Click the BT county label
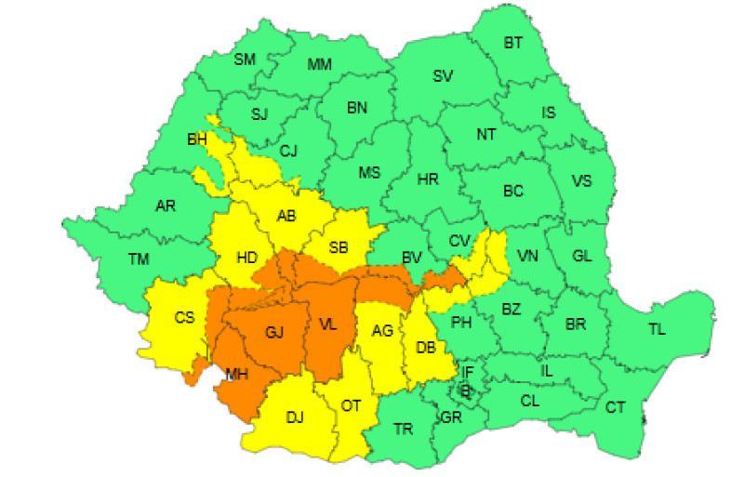pos(513,43)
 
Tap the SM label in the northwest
pos(245,60)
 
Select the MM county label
pos(320,65)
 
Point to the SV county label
pos(444,76)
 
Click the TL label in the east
pos(657,329)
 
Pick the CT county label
pos(615,407)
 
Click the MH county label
pos(237,375)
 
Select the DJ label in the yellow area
pos(295,417)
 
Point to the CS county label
pos(184,318)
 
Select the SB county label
pos(339,247)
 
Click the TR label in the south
pos(404,430)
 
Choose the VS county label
pos(581,181)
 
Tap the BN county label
pos(357,108)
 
